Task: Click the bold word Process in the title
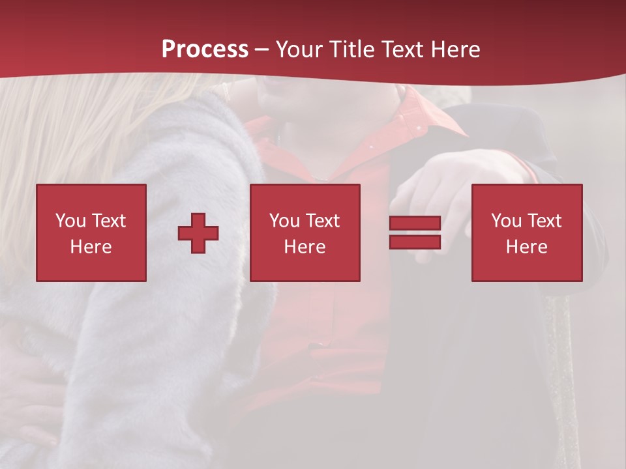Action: click(205, 50)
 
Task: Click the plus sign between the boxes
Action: click(198, 233)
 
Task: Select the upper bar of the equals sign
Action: click(415, 223)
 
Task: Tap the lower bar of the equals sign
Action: click(415, 242)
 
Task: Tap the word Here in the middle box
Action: click(305, 247)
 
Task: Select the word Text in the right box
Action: click(544, 221)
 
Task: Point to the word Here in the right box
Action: click(527, 247)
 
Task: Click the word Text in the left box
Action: click(109, 221)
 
